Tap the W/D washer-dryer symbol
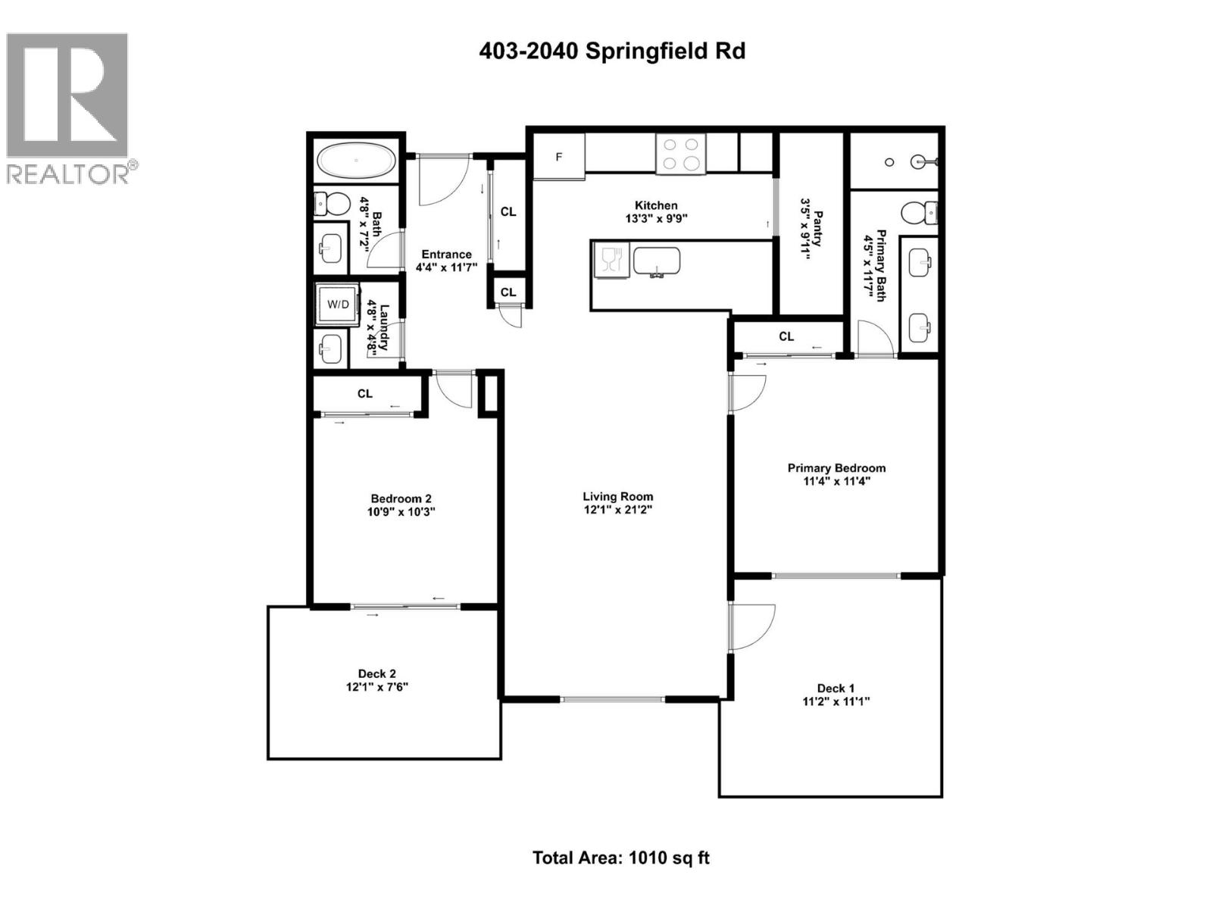(x=338, y=305)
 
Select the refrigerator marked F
(x=559, y=157)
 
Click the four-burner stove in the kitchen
(x=680, y=154)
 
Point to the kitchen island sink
(x=657, y=261)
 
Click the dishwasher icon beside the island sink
(x=611, y=260)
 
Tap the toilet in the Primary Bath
(x=920, y=213)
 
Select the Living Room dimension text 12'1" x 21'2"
(x=617, y=510)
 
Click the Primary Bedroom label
(x=836, y=468)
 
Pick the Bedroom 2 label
(x=401, y=498)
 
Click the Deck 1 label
(x=836, y=688)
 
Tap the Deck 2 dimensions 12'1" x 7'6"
(x=377, y=687)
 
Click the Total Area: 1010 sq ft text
(x=620, y=857)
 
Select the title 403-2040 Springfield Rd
(x=612, y=51)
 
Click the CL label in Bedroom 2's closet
(x=365, y=393)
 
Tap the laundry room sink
(x=331, y=349)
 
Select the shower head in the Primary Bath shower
(x=921, y=161)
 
